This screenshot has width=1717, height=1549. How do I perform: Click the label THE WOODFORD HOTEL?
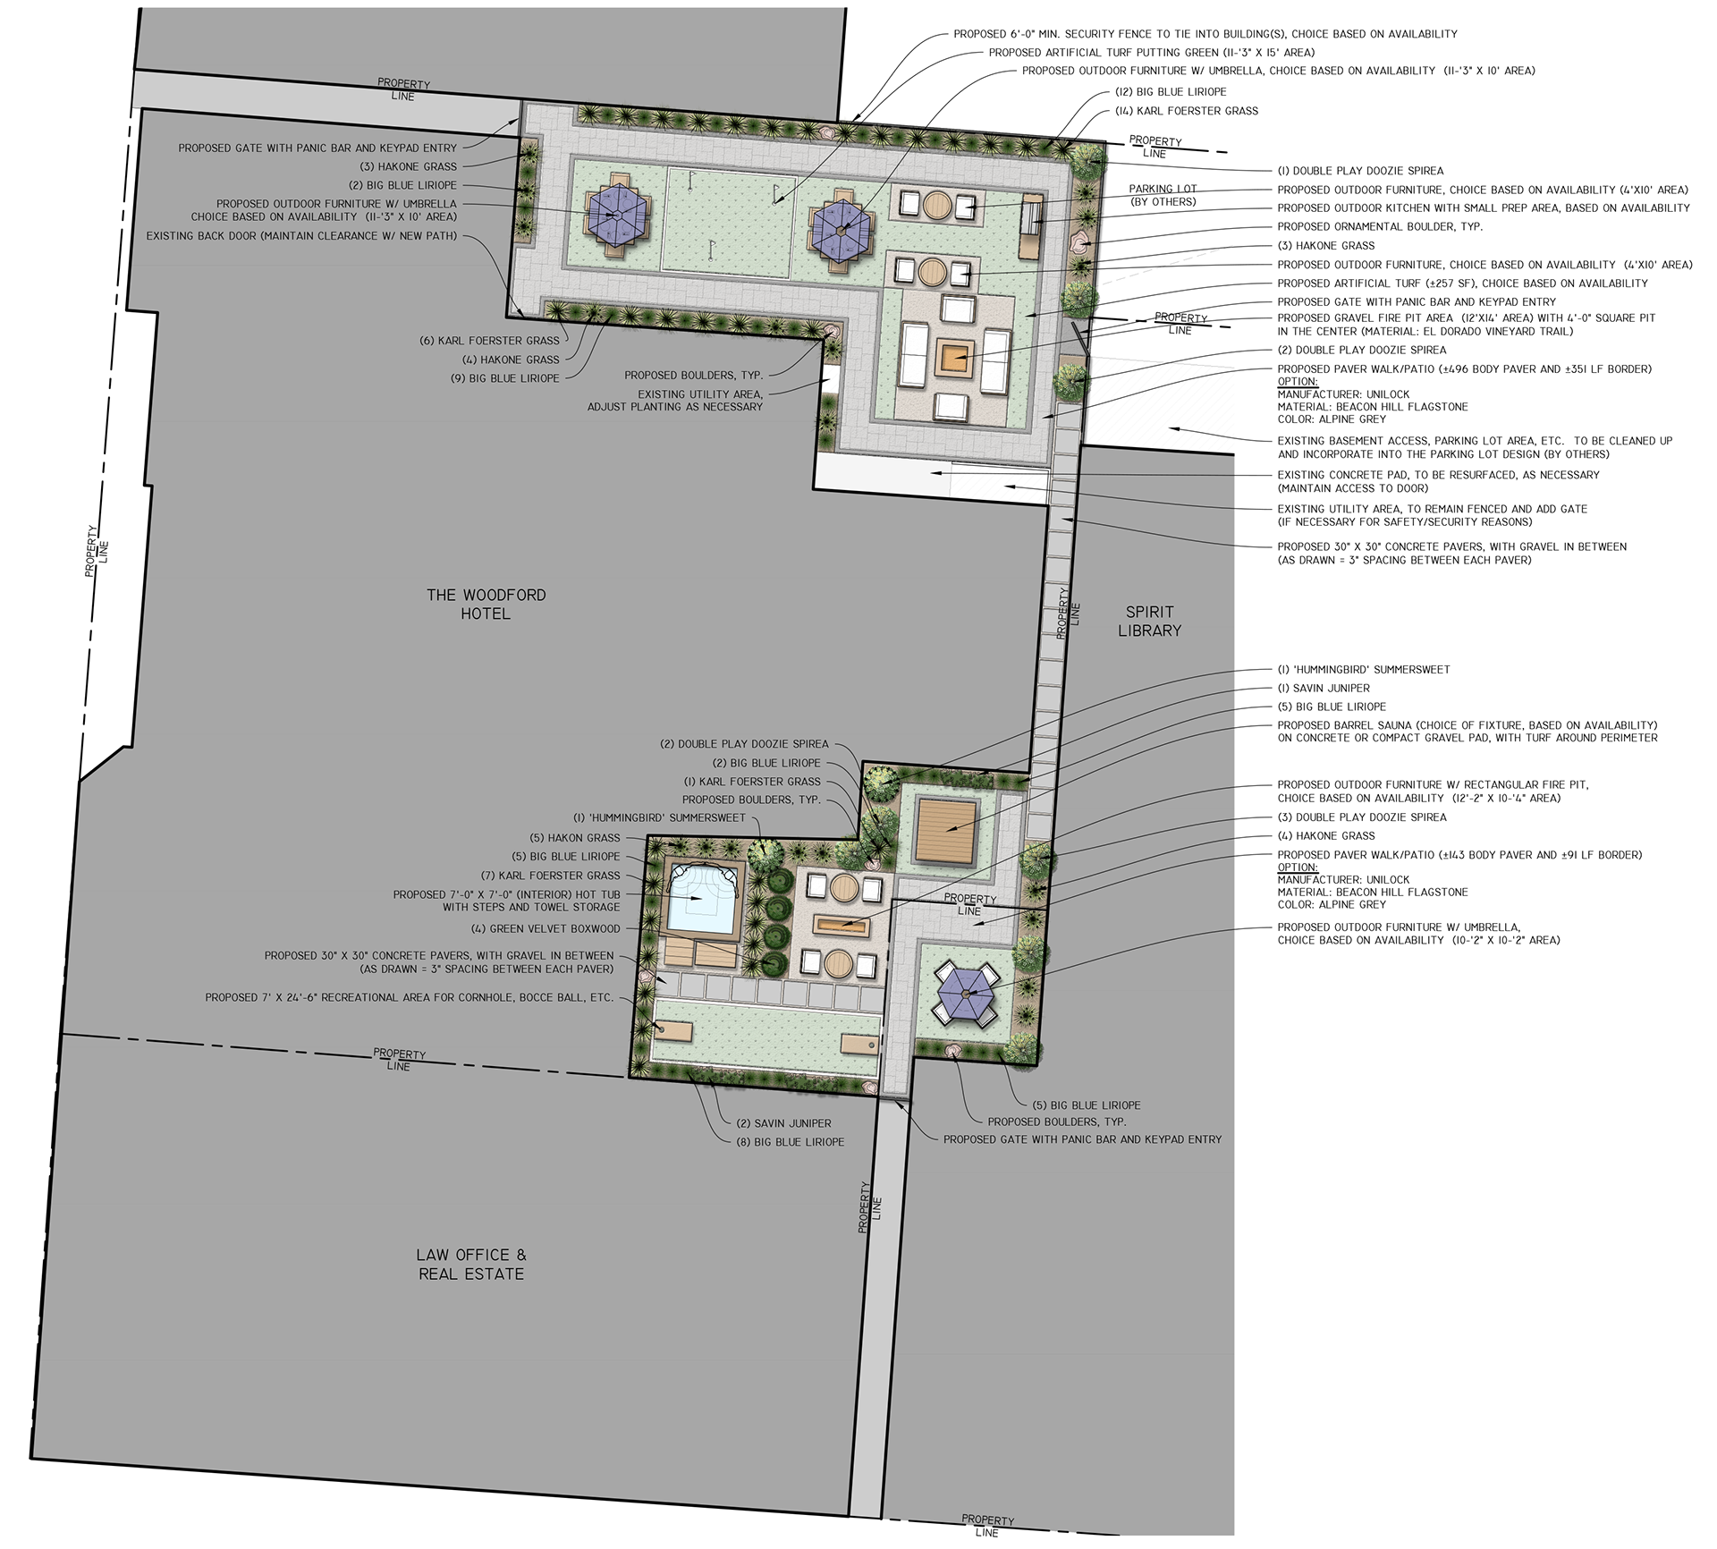[486, 604]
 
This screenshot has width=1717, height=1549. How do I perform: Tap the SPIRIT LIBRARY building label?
[1149, 621]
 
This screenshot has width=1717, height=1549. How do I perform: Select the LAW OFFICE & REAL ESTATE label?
[471, 1265]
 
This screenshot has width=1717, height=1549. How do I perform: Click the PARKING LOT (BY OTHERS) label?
[1163, 195]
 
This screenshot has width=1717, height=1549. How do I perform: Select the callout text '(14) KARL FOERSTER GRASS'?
[1187, 111]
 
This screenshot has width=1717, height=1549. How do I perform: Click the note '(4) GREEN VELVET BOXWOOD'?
[546, 928]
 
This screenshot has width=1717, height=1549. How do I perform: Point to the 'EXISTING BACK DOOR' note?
[301, 236]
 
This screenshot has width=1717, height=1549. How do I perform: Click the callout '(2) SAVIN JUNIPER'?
[783, 1123]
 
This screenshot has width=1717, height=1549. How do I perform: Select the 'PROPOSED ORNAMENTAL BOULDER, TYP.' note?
[1380, 226]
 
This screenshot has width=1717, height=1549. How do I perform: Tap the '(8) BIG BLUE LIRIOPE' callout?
[790, 1142]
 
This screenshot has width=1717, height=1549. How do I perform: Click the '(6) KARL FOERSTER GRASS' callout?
[489, 341]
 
